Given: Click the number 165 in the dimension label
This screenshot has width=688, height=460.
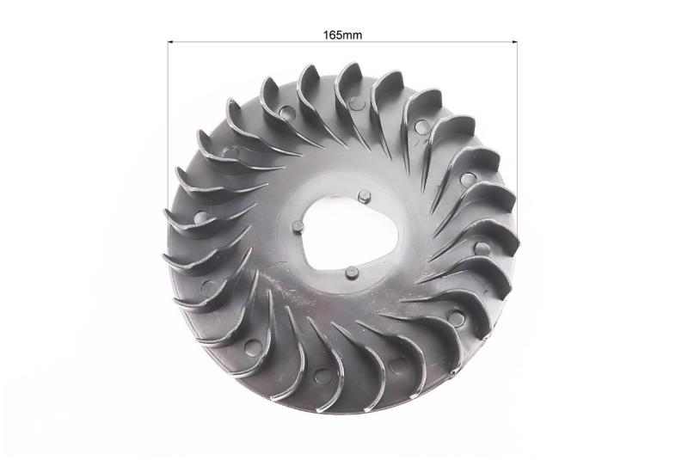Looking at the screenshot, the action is point(332,35).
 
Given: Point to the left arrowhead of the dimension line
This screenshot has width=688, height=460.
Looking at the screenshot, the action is point(170,42).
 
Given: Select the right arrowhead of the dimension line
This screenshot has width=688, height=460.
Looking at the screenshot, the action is point(515,42).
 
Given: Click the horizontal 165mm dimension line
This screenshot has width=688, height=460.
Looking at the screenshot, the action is point(342,42).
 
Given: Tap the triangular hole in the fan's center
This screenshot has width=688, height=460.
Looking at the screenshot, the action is point(351,232).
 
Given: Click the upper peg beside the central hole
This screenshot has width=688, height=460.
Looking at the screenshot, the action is point(364,195).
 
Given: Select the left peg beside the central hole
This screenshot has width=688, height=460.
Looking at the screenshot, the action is point(298,227).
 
